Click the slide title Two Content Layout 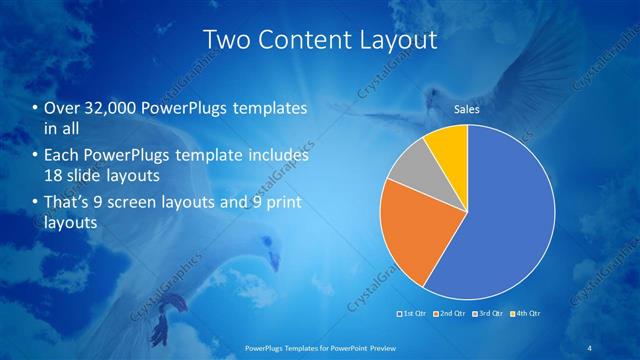coord(320,40)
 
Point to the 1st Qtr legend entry coord(413,314)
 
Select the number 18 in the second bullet coord(53,176)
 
